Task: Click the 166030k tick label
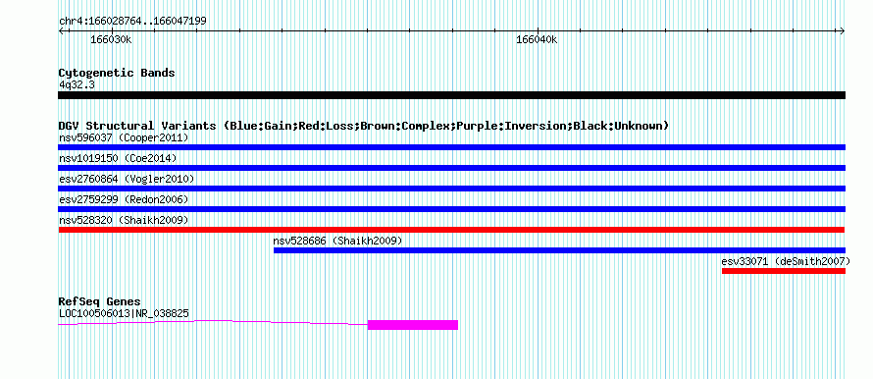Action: [112, 40]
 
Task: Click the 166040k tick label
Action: [537, 40]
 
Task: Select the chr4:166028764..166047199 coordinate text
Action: [132, 22]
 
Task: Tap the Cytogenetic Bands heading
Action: [117, 73]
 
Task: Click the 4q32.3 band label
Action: [76, 85]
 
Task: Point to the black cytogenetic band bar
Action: [451, 95]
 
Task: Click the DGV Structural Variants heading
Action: [364, 126]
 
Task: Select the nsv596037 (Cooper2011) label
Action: [124, 137]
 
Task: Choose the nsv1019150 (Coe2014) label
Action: [118, 158]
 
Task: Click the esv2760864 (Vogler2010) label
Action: [127, 179]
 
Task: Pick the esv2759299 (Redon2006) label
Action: [124, 199]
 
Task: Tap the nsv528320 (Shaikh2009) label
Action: [124, 220]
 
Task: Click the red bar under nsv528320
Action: [451, 230]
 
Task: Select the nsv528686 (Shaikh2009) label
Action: [337, 241]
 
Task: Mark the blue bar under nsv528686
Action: [559, 250]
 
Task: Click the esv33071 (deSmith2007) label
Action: [786, 261]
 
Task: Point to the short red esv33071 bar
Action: [784, 271]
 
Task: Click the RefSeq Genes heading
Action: [100, 302]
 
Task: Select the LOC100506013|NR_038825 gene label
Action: [124, 314]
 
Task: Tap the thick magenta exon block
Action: [413, 325]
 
